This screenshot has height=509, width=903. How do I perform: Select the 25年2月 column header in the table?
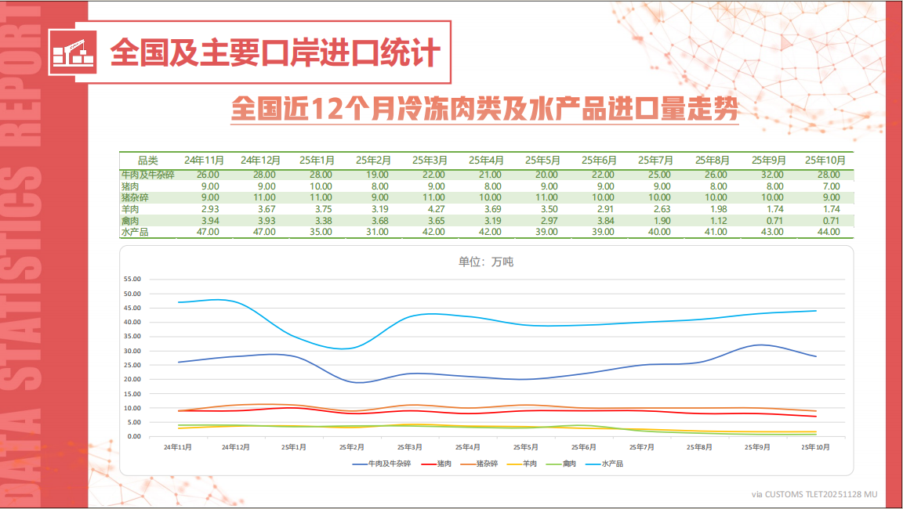pyautogui.click(x=373, y=160)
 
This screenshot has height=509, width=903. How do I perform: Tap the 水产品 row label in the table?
pyautogui.click(x=135, y=233)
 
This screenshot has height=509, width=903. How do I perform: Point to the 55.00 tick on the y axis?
pyautogui.click(x=132, y=280)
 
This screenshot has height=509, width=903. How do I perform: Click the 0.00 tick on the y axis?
pyautogui.click(x=133, y=436)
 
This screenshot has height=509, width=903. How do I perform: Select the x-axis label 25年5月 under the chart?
pyautogui.click(x=526, y=447)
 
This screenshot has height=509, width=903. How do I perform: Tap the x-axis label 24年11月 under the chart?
pyautogui.click(x=179, y=447)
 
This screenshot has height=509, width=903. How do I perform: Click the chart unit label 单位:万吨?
pyautogui.click(x=485, y=262)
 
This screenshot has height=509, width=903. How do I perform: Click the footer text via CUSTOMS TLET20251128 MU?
pyautogui.click(x=814, y=494)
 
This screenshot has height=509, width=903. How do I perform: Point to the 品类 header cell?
pyautogui.click(x=148, y=160)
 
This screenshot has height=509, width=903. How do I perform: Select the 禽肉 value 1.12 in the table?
pyautogui.click(x=716, y=221)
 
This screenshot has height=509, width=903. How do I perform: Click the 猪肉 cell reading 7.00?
pyautogui.click(x=829, y=186)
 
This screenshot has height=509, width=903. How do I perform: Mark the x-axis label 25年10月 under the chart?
pyautogui.click(x=815, y=447)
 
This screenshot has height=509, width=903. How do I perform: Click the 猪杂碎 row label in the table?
pyautogui.click(x=135, y=198)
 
